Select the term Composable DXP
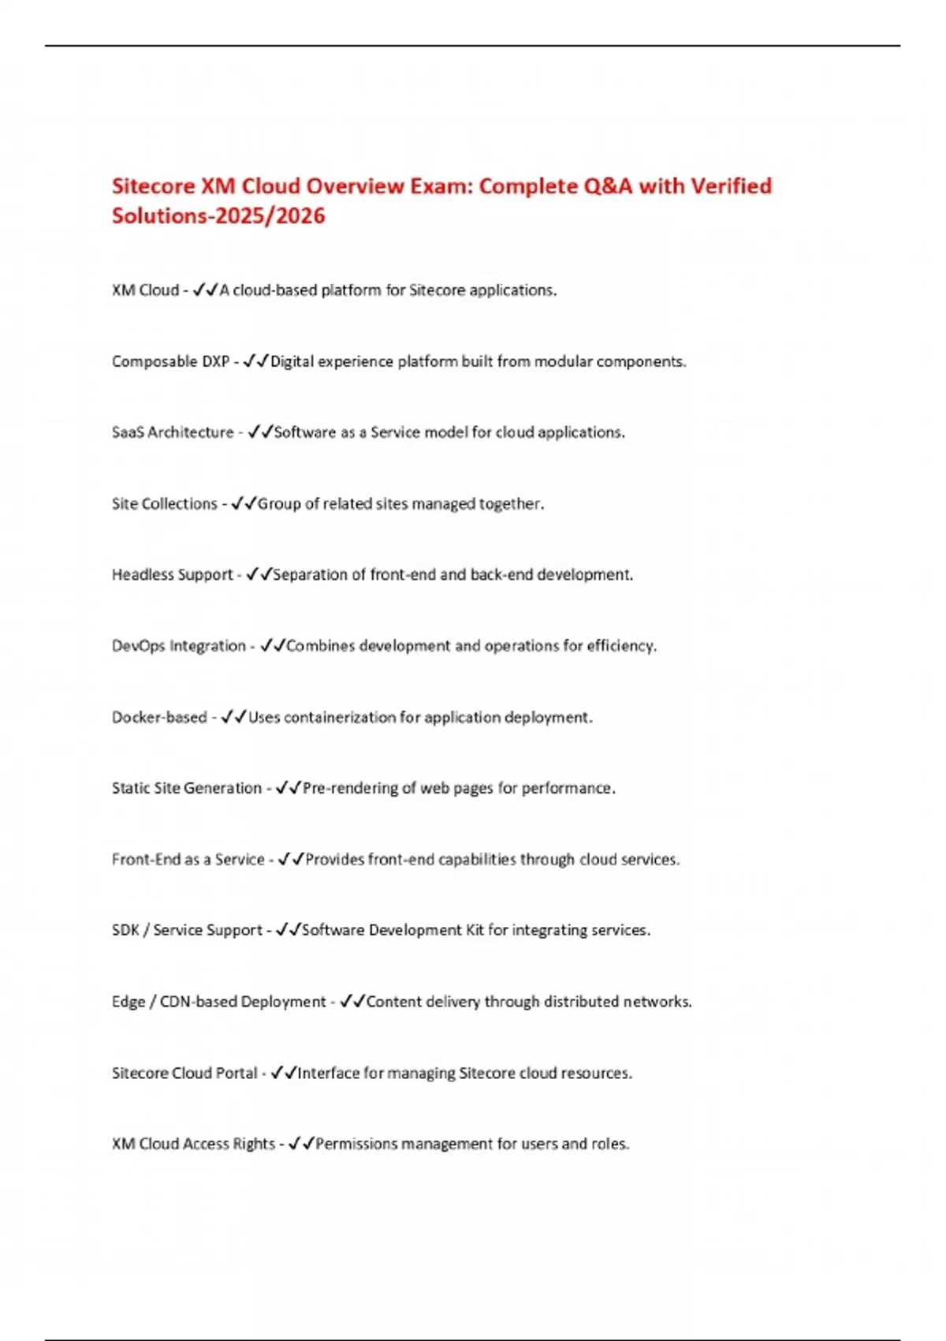coord(170,361)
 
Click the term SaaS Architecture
coord(173,432)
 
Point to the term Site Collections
coord(164,503)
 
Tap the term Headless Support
coord(172,574)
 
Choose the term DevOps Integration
coord(179,646)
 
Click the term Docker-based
coord(159,717)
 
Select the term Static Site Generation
coord(187,788)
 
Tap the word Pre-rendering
coord(351,788)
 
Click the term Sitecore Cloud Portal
coord(184,1073)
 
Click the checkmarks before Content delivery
coord(352,1002)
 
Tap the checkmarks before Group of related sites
coord(244,503)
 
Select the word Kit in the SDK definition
coord(475,930)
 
